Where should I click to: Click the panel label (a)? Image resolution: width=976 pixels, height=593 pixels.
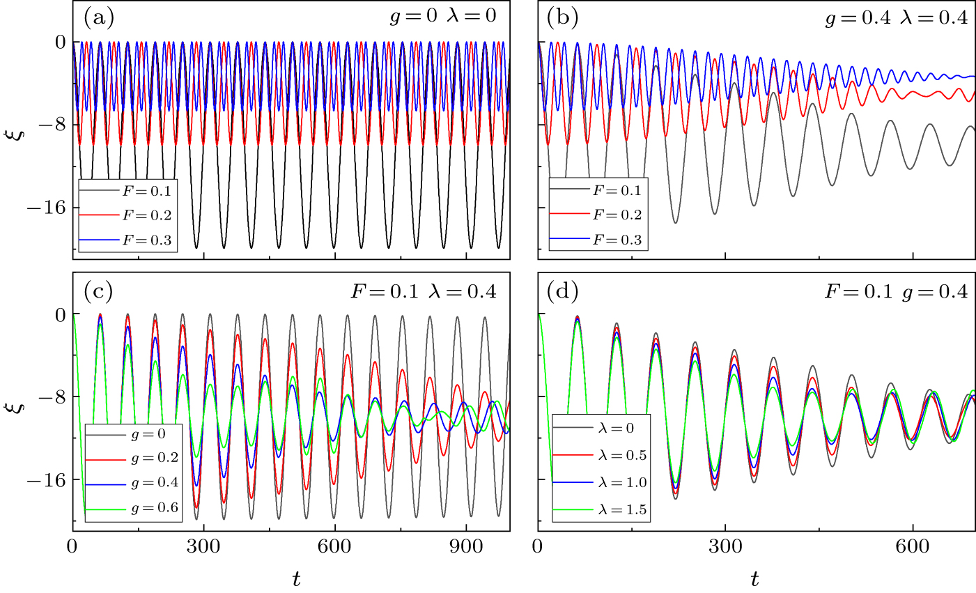(98, 17)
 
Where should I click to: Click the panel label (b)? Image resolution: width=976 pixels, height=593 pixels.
(564, 17)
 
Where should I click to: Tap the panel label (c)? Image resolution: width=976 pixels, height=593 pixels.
(98, 291)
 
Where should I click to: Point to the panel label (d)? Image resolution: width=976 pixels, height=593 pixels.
(564, 291)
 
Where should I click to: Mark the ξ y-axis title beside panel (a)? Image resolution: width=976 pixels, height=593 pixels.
(19, 129)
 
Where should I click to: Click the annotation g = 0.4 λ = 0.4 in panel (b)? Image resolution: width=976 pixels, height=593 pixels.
(896, 19)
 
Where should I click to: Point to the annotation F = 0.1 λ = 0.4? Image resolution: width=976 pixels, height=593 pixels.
(424, 292)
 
